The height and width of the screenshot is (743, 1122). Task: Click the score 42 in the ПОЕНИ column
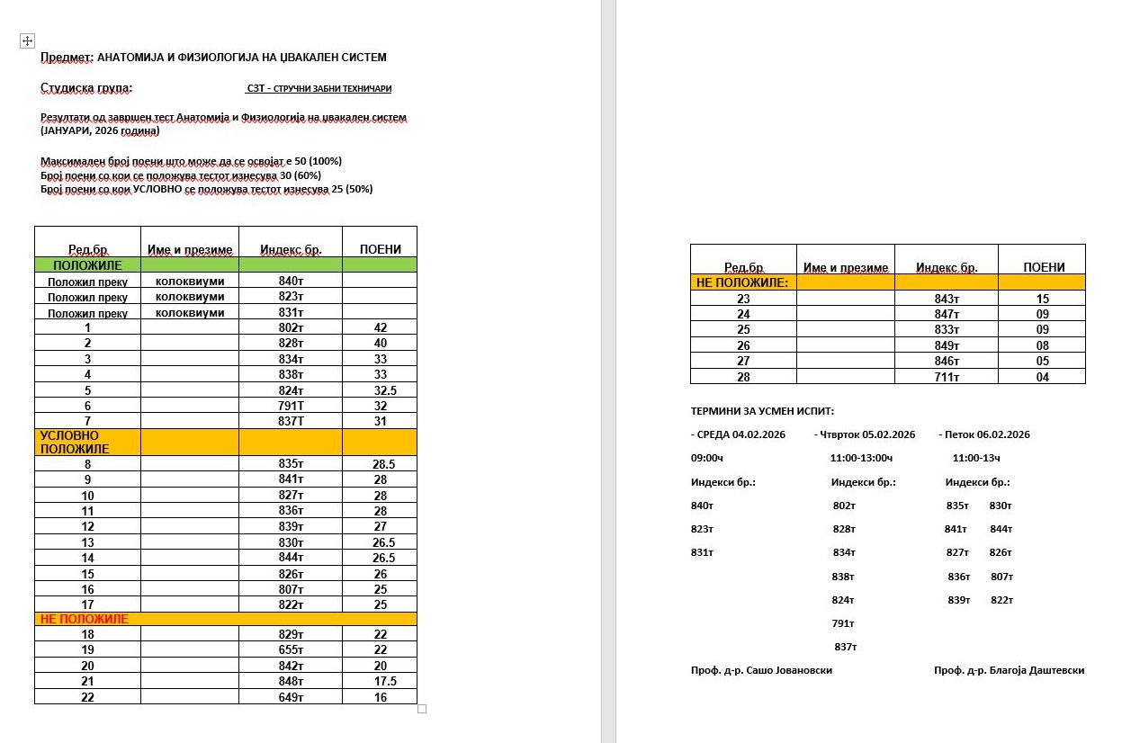pyautogui.click(x=380, y=328)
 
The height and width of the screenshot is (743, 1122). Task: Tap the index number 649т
pyautogui.click(x=291, y=697)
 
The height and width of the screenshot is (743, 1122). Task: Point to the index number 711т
pyautogui.click(x=947, y=377)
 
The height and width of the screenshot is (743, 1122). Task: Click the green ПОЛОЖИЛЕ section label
pyautogui.click(x=87, y=265)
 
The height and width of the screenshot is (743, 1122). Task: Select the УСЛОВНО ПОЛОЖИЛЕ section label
pyautogui.click(x=75, y=442)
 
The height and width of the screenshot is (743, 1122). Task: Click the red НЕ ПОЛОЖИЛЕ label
pyautogui.click(x=85, y=619)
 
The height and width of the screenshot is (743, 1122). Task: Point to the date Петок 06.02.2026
pyautogui.click(x=987, y=434)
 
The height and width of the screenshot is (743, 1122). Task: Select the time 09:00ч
pyautogui.click(x=707, y=458)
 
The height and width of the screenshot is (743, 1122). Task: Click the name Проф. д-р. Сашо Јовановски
pyautogui.click(x=761, y=670)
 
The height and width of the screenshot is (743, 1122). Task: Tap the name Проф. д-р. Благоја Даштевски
pyautogui.click(x=1009, y=670)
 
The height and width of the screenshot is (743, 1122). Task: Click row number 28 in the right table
pyautogui.click(x=743, y=377)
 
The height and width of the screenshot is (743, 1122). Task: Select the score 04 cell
pyautogui.click(x=1042, y=377)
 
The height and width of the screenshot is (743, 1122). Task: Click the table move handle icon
pyautogui.click(x=27, y=40)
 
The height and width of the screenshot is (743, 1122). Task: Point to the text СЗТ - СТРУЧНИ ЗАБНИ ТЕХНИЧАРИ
pyautogui.click(x=319, y=89)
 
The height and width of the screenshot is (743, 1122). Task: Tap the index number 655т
pyautogui.click(x=291, y=650)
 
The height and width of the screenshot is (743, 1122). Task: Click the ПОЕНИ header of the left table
pyautogui.click(x=380, y=249)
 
